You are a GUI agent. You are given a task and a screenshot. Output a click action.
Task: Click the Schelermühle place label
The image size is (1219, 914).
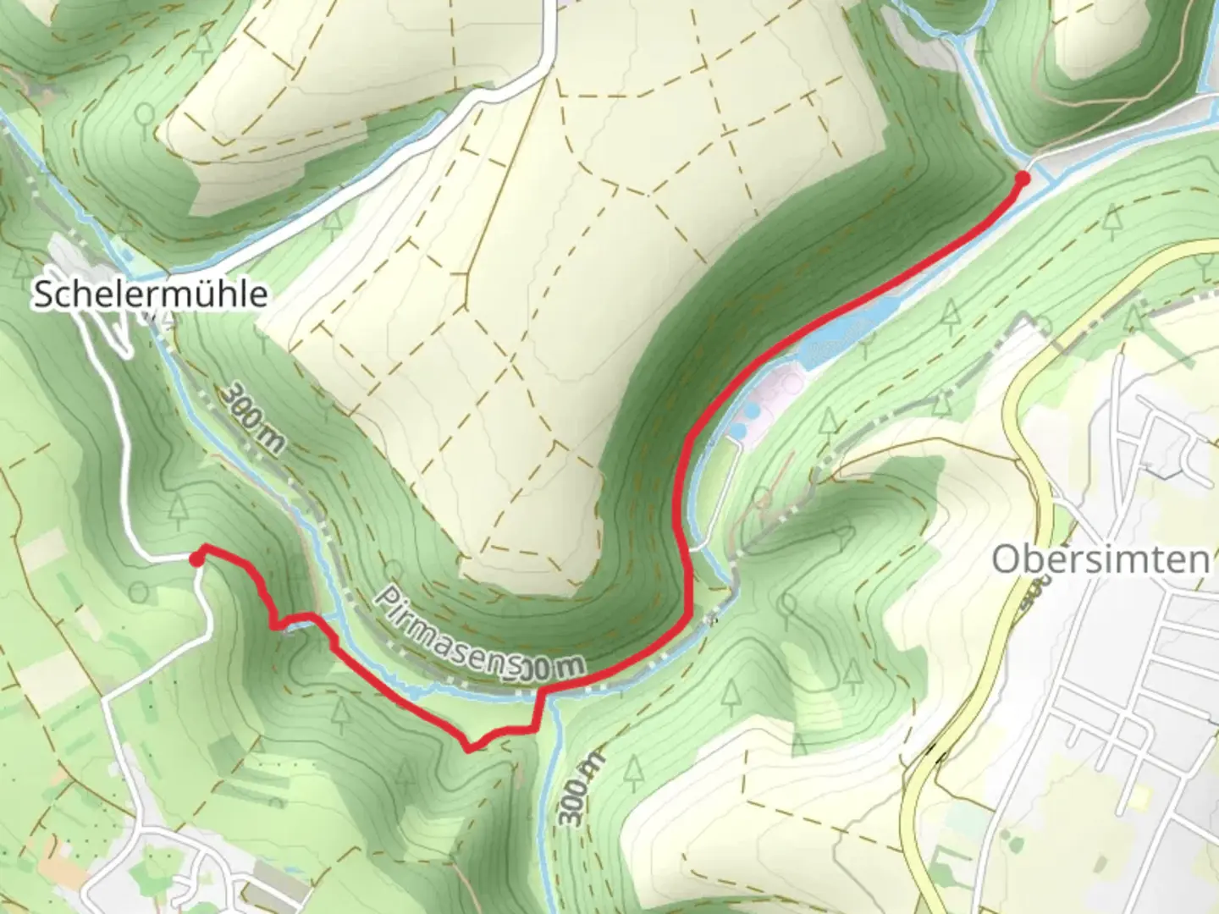tap(150, 295)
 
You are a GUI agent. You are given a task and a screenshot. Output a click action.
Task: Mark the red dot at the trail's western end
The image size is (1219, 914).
tap(196, 559)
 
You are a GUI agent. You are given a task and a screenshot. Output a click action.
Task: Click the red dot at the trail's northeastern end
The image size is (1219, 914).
tap(1023, 178)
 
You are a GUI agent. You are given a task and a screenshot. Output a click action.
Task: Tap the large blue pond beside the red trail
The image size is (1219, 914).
tap(834, 343)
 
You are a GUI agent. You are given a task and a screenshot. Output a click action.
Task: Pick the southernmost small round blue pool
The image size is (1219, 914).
tap(738, 432)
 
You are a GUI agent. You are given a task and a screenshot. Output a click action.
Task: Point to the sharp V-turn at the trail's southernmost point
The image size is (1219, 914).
tap(469, 748)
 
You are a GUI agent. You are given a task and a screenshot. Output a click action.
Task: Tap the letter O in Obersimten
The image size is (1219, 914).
tap(1005, 559)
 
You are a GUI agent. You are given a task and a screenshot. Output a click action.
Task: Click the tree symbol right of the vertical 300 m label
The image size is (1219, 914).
tap(632, 770)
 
